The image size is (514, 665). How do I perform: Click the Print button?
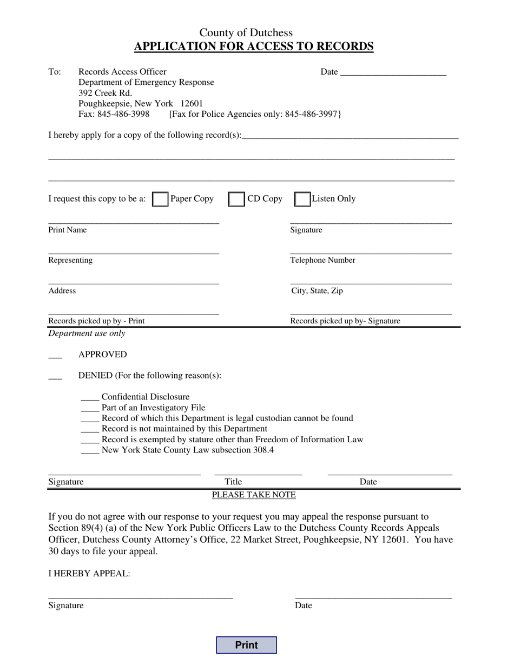(246, 645)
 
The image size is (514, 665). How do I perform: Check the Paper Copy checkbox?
(160, 199)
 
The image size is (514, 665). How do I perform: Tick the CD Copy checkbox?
(236, 199)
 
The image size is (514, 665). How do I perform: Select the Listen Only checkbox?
(302, 199)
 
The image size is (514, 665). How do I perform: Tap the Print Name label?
(67, 230)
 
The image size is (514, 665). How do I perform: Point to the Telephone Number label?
(322, 260)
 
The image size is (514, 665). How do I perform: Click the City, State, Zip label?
(317, 291)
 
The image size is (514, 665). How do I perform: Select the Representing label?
(70, 260)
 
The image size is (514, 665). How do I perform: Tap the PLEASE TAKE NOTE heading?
(254, 495)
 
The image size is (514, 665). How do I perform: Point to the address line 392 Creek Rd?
(105, 93)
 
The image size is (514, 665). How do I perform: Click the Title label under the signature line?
(233, 482)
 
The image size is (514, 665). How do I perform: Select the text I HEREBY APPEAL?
(89, 574)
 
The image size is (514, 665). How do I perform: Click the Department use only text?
(87, 334)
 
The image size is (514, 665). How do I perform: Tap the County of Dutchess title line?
(246, 33)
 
